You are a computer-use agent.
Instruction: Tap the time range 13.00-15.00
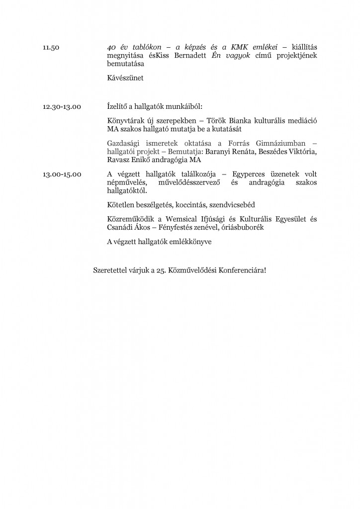click(63, 174)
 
